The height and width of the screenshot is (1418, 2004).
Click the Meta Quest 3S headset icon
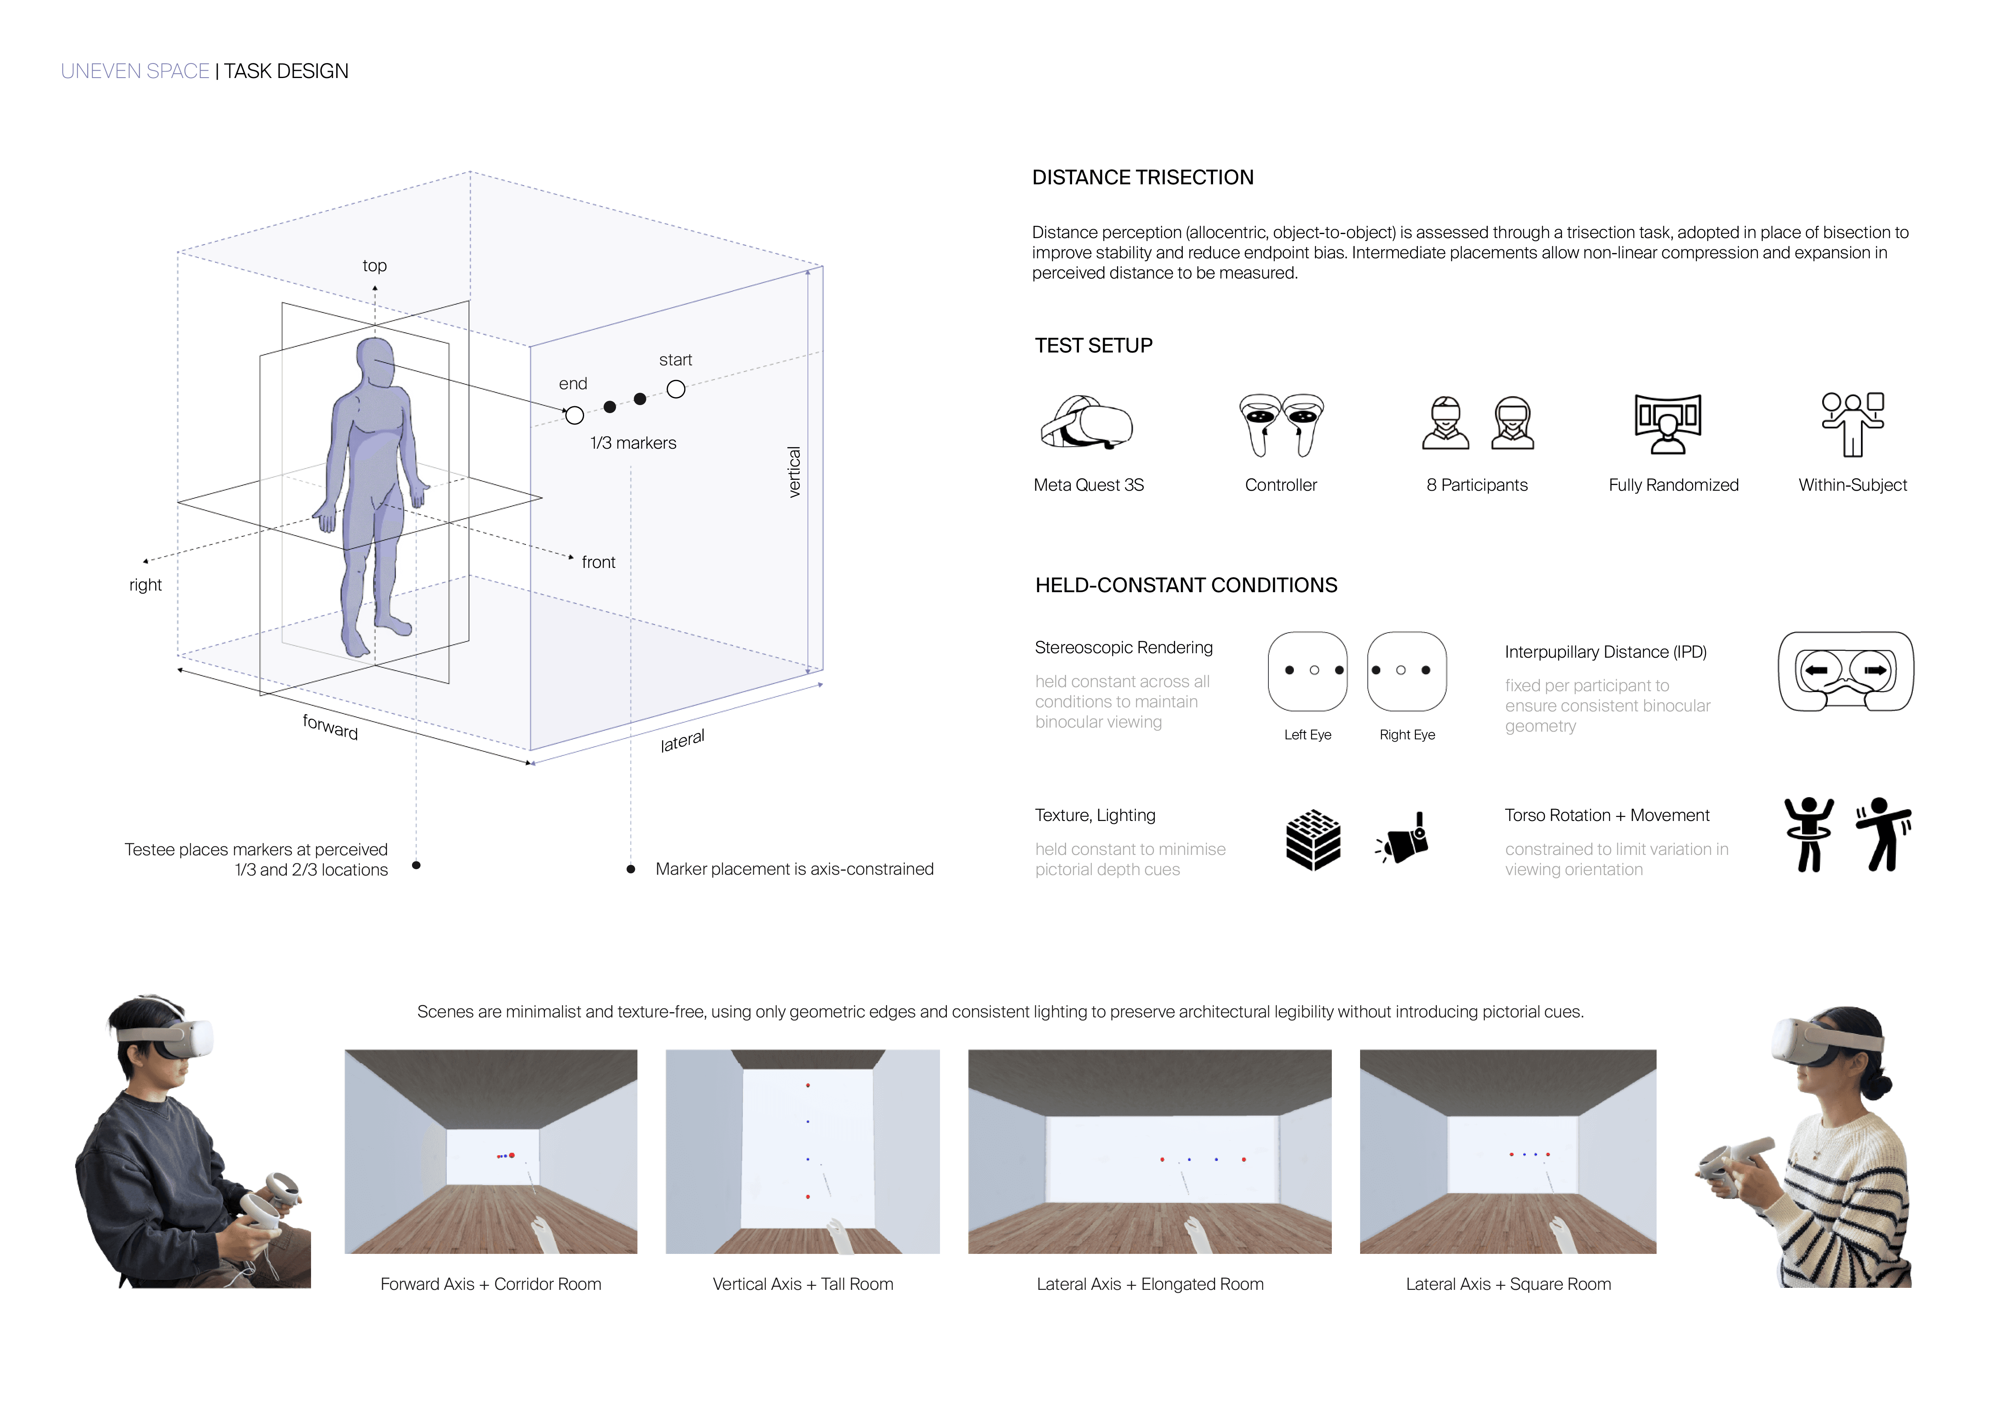point(1087,424)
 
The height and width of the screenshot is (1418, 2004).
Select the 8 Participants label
point(1477,485)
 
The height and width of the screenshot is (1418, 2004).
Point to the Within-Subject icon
point(1852,424)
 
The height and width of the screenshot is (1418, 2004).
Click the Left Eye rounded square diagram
point(1308,671)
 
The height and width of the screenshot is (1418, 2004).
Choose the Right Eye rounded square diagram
point(1406,671)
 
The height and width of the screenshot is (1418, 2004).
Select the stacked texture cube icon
point(1313,840)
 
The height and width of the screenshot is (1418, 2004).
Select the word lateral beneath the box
point(682,741)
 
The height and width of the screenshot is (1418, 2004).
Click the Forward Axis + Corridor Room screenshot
point(490,1151)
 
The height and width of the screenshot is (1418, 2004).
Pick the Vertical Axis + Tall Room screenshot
point(802,1151)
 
